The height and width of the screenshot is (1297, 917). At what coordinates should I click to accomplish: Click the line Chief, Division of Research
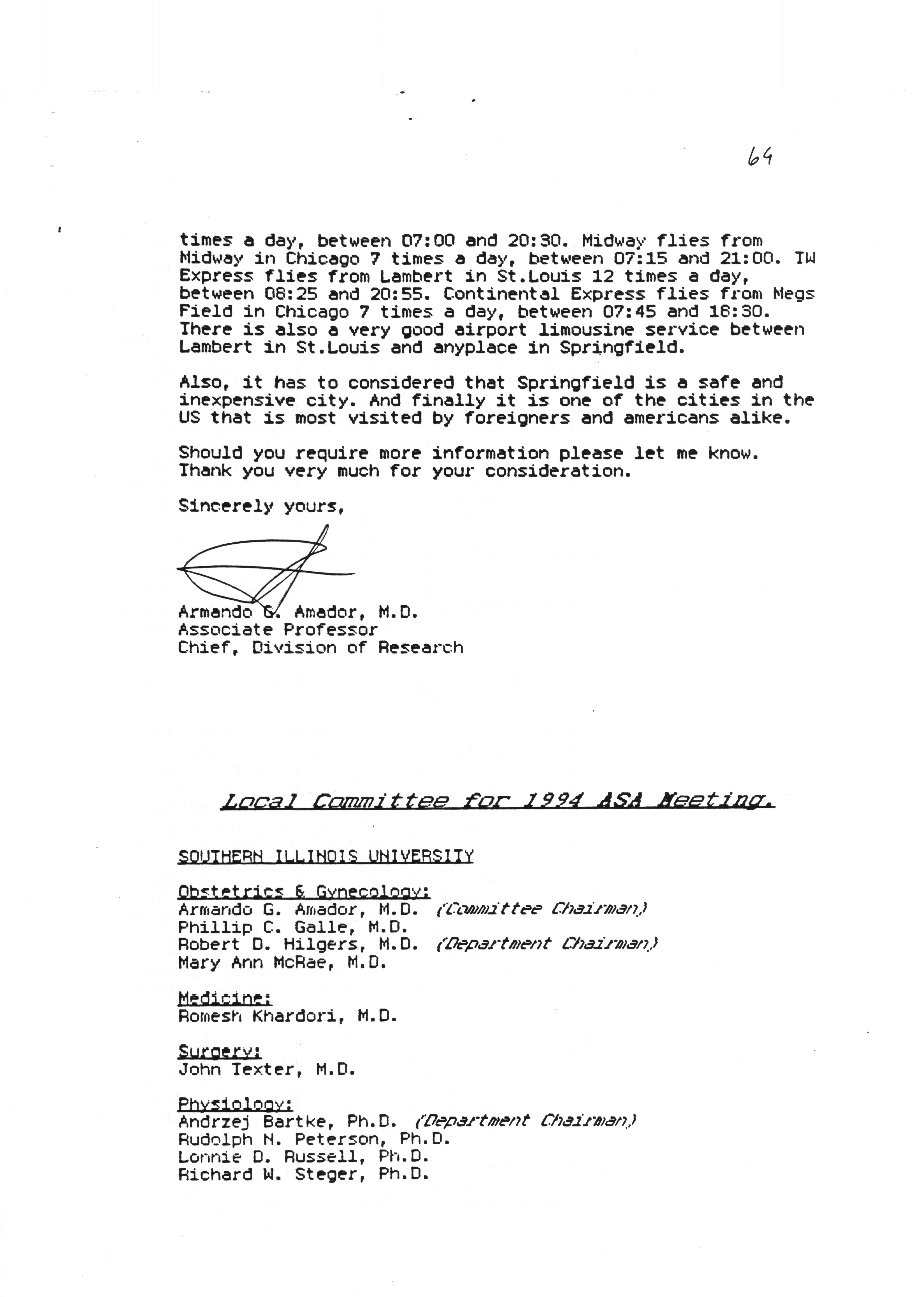[x=320, y=647]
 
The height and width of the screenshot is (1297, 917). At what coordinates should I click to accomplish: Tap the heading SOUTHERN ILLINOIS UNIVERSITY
[x=326, y=856]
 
